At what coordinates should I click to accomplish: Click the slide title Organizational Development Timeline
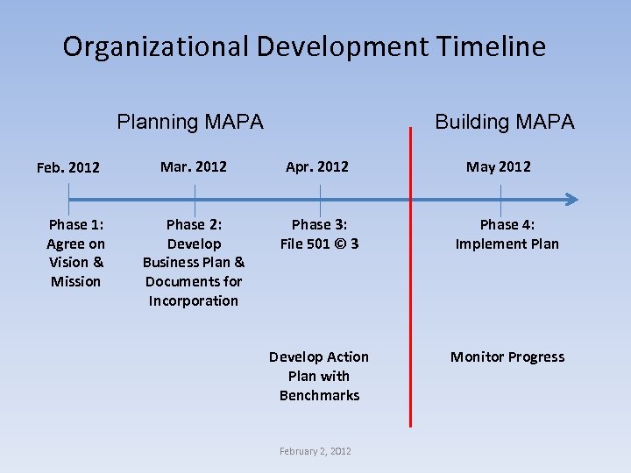304,46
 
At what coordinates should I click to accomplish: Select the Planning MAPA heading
190,122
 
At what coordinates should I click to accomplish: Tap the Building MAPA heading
505,122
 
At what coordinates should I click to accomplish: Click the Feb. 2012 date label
68,167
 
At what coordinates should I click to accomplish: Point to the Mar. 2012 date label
194,166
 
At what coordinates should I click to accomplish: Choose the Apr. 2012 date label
317,166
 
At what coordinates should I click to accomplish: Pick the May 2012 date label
498,166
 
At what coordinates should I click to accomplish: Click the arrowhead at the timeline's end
571,199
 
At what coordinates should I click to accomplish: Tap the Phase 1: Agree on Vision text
75,252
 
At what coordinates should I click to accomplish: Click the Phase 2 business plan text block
194,262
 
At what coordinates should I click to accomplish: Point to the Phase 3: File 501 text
319,234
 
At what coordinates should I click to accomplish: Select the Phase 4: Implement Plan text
507,234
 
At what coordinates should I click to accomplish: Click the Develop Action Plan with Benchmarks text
319,376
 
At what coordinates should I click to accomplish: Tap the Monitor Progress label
507,357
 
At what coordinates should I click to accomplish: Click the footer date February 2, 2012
315,451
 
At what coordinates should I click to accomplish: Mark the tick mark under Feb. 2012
68,199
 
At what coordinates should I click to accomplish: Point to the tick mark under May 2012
500,199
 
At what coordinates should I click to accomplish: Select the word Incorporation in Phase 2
194,300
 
